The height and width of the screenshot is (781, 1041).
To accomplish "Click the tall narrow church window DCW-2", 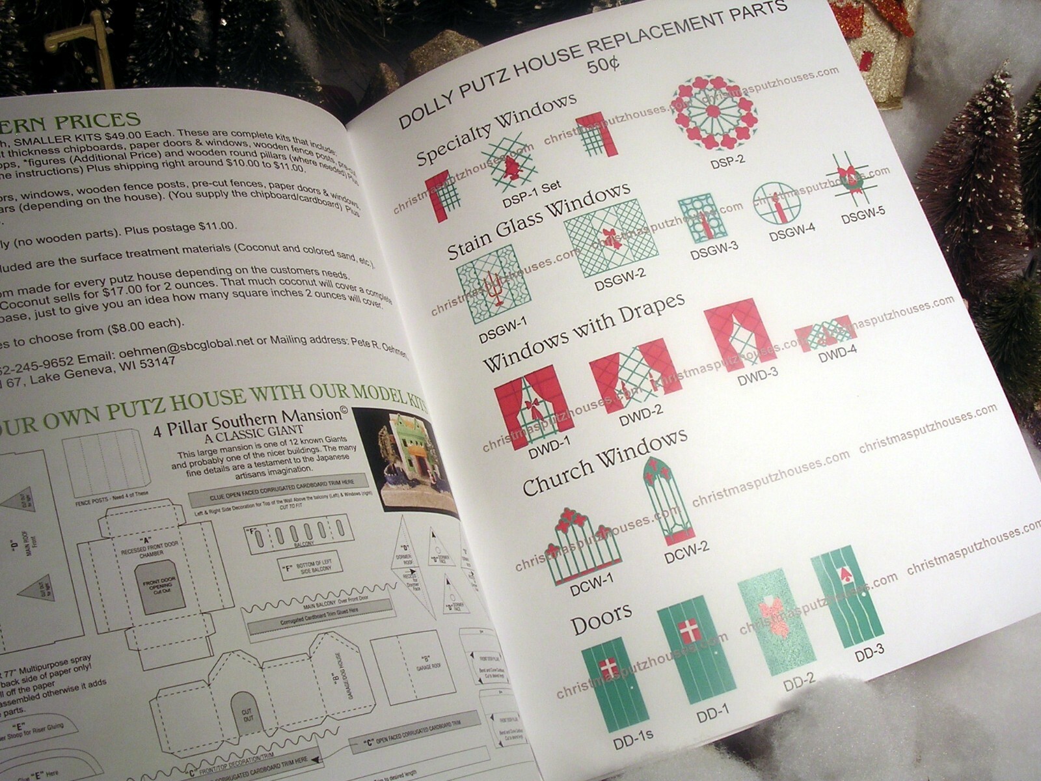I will point(668,500).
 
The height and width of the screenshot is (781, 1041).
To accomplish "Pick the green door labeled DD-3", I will point(848,600).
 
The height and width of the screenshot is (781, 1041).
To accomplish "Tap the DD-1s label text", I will point(633,741).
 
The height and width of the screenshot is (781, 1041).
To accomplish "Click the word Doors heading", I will point(601,616).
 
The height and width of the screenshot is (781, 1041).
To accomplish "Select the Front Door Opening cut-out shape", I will point(159,586).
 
